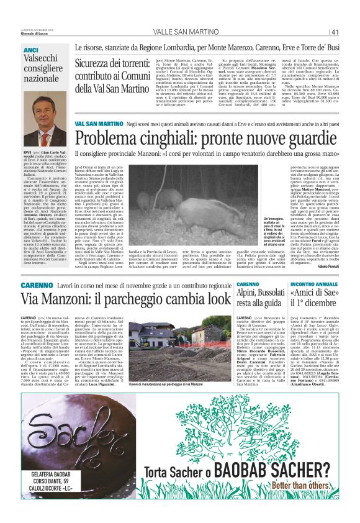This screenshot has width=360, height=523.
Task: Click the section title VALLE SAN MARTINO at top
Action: (179, 32)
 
